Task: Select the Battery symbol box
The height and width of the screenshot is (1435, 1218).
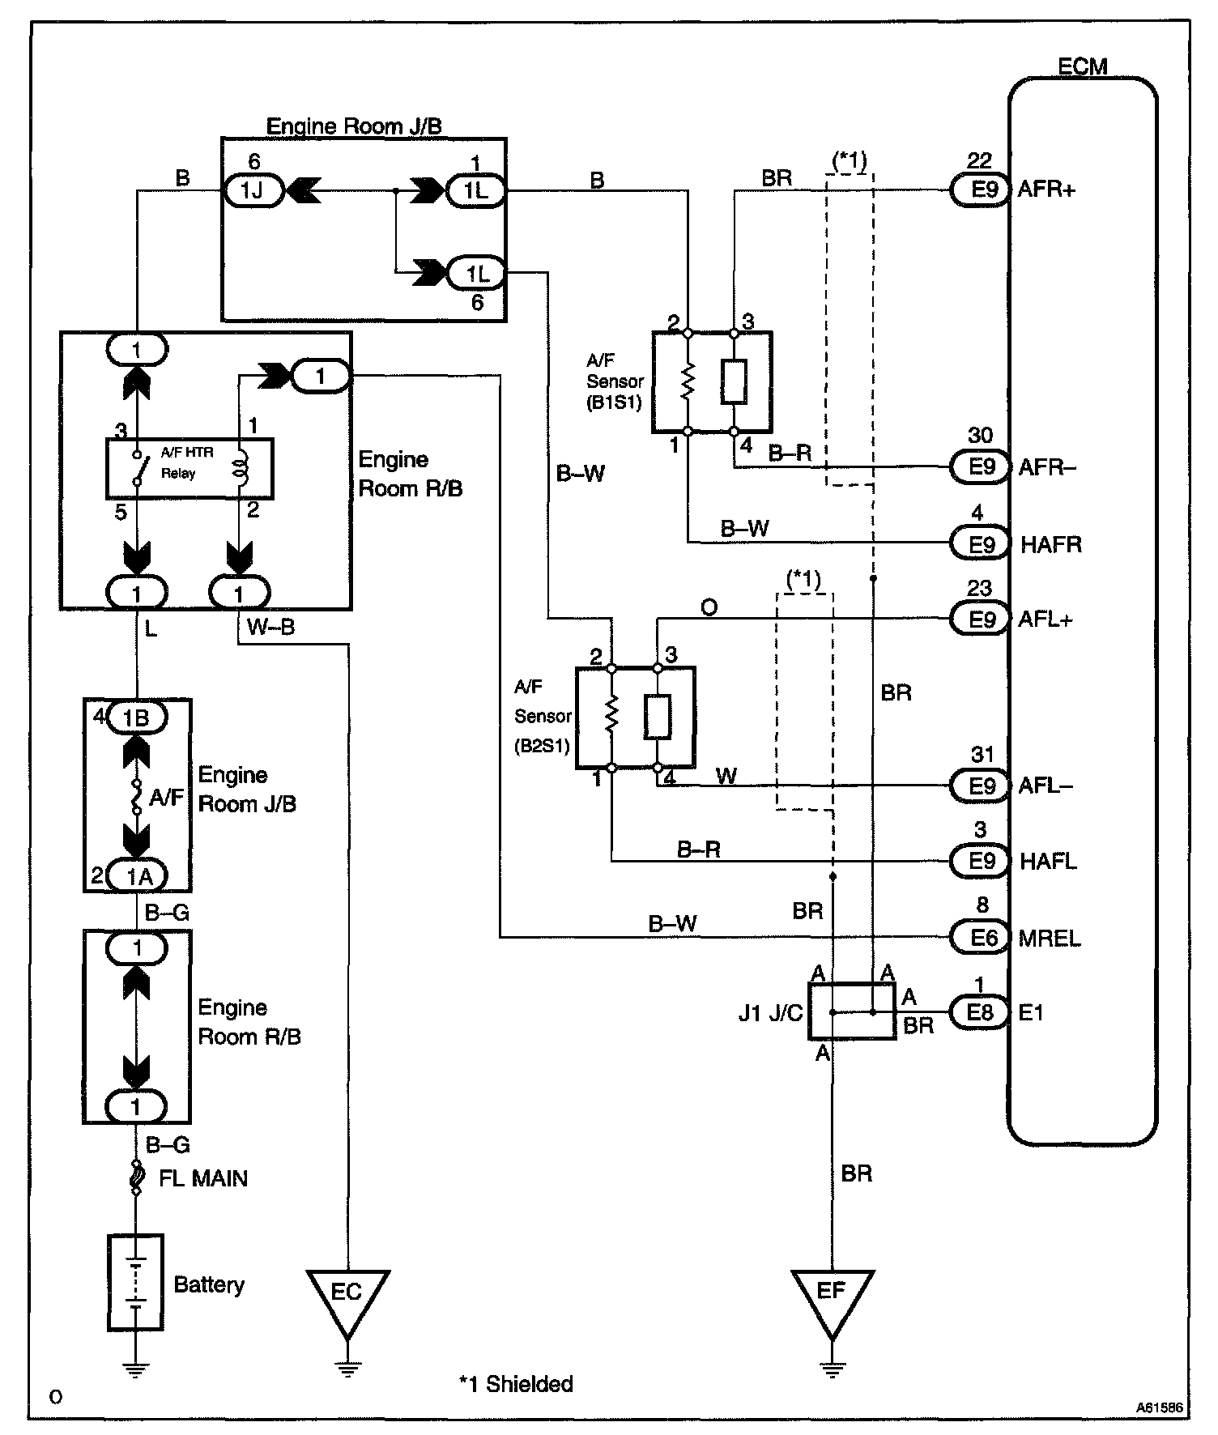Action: pyautogui.click(x=135, y=1283)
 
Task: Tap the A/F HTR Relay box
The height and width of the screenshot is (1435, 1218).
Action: pyautogui.click(x=190, y=468)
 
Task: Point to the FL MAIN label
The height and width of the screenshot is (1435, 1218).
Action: pyautogui.click(x=202, y=1178)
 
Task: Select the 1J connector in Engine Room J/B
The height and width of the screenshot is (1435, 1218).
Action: pyautogui.click(x=253, y=192)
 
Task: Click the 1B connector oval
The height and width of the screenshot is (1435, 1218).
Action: pyautogui.click(x=136, y=717)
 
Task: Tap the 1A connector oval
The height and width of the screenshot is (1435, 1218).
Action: pyautogui.click(x=136, y=875)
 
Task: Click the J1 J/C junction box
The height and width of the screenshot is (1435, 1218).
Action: pyautogui.click(x=852, y=1011)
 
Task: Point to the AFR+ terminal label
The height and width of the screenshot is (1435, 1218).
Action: pyautogui.click(x=1046, y=190)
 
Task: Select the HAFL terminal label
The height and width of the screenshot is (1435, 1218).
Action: pyautogui.click(x=1048, y=862)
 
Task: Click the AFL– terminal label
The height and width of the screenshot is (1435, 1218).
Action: pyautogui.click(x=1045, y=786)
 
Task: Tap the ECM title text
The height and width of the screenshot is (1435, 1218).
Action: pyautogui.click(x=1083, y=66)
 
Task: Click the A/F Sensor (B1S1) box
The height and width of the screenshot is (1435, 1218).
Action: pyautogui.click(x=711, y=381)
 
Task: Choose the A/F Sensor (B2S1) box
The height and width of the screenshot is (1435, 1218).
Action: pyautogui.click(x=635, y=717)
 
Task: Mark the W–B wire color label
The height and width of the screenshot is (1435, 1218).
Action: pyautogui.click(x=270, y=628)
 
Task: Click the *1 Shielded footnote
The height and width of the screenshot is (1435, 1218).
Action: pyautogui.click(x=516, y=1384)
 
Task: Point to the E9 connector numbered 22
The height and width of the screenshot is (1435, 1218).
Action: pyautogui.click(x=980, y=190)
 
